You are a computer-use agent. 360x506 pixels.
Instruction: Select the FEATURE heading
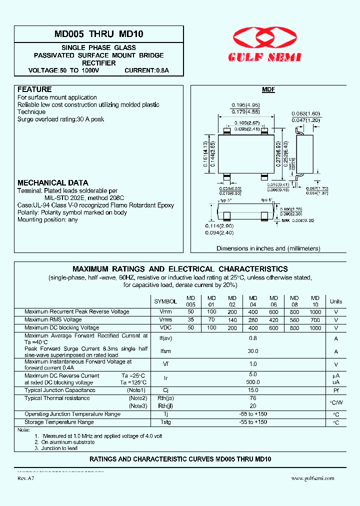pos(34,89)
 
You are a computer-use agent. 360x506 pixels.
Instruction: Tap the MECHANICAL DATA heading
pos(53,183)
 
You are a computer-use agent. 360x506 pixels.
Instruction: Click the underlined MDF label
pos(268,90)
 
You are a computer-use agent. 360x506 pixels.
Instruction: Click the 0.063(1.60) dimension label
pos(305,114)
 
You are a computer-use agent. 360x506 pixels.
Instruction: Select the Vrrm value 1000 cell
pos(315,311)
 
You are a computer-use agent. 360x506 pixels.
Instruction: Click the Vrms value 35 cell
pos(190,319)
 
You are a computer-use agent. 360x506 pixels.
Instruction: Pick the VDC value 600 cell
pos(273,328)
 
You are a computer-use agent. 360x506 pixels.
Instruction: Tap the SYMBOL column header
pos(165,301)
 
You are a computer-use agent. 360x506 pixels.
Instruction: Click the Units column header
pos(336,301)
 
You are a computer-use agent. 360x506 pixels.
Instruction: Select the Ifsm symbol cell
pos(165,351)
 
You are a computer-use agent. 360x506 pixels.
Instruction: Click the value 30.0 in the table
pos(253,351)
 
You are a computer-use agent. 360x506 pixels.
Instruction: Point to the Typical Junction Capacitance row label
pos(60,390)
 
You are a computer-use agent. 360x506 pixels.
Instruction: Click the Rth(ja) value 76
pos(253,398)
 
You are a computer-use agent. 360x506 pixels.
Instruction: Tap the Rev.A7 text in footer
pos(26,478)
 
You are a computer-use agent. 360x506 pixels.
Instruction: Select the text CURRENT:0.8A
pos(146,70)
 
